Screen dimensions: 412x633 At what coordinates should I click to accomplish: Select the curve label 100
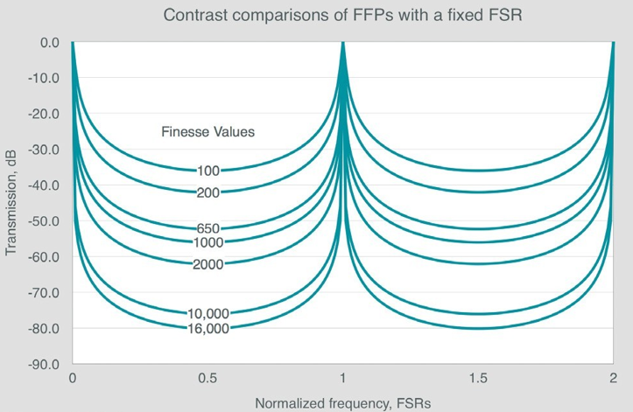pyautogui.click(x=208, y=171)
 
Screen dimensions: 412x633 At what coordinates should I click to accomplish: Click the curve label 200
pyautogui.click(x=208, y=192)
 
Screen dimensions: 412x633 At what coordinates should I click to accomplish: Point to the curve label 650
pyautogui.click(x=208, y=229)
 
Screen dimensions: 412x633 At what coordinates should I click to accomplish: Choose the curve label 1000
pyautogui.click(x=207, y=242)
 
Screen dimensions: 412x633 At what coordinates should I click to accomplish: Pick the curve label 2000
pyautogui.click(x=207, y=264)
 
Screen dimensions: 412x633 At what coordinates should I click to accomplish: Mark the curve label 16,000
pyautogui.click(x=207, y=328)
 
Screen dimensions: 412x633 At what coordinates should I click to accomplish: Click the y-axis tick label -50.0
pyautogui.click(x=42, y=221)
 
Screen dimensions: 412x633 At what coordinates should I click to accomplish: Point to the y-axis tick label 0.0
pyautogui.click(x=48, y=42)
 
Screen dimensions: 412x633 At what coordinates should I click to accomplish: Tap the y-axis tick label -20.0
pyautogui.click(x=42, y=114)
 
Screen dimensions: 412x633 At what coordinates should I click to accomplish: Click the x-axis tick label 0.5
pyautogui.click(x=207, y=381)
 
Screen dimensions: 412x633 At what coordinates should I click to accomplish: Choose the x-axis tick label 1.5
pyautogui.click(x=478, y=381)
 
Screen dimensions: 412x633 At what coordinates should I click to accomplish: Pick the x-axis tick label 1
pyautogui.click(x=343, y=381)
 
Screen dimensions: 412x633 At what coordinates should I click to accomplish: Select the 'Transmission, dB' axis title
pyautogui.click(x=11, y=202)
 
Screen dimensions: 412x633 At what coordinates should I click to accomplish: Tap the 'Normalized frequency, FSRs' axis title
pyautogui.click(x=343, y=403)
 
